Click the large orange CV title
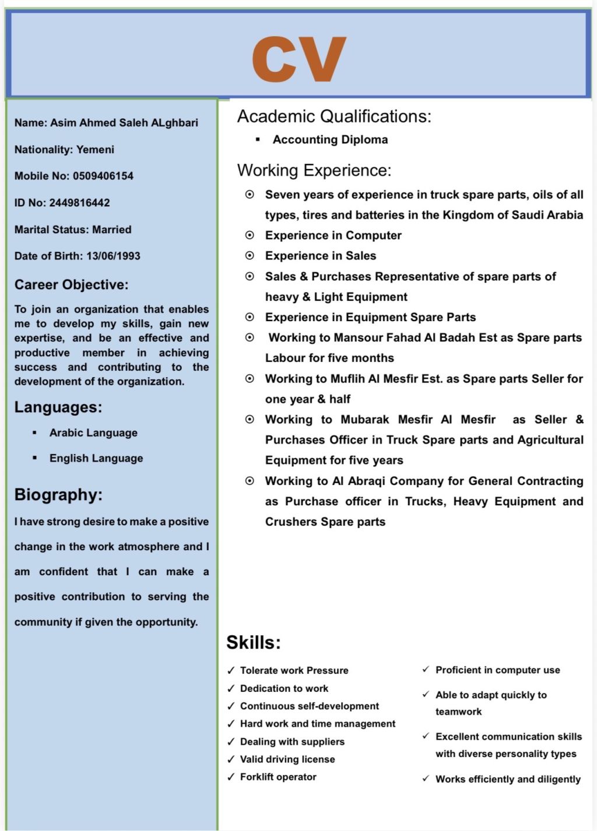(x=299, y=59)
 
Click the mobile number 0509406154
(x=103, y=176)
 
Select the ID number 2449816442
(x=79, y=203)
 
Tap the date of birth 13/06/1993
(x=113, y=256)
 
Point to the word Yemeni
(x=95, y=150)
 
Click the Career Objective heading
(x=71, y=285)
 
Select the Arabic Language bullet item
(x=93, y=433)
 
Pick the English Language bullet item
(x=96, y=459)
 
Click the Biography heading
(x=58, y=495)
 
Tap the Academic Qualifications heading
(x=334, y=117)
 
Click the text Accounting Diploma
(x=330, y=140)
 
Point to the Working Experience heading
(x=314, y=171)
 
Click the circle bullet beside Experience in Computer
(x=250, y=235)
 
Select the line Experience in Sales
(x=321, y=256)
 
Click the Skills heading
(x=254, y=643)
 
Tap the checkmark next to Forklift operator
(x=231, y=777)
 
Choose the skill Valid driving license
(x=287, y=759)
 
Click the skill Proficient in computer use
(x=497, y=670)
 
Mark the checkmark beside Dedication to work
(x=231, y=689)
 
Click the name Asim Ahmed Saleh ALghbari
(x=124, y=123)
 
